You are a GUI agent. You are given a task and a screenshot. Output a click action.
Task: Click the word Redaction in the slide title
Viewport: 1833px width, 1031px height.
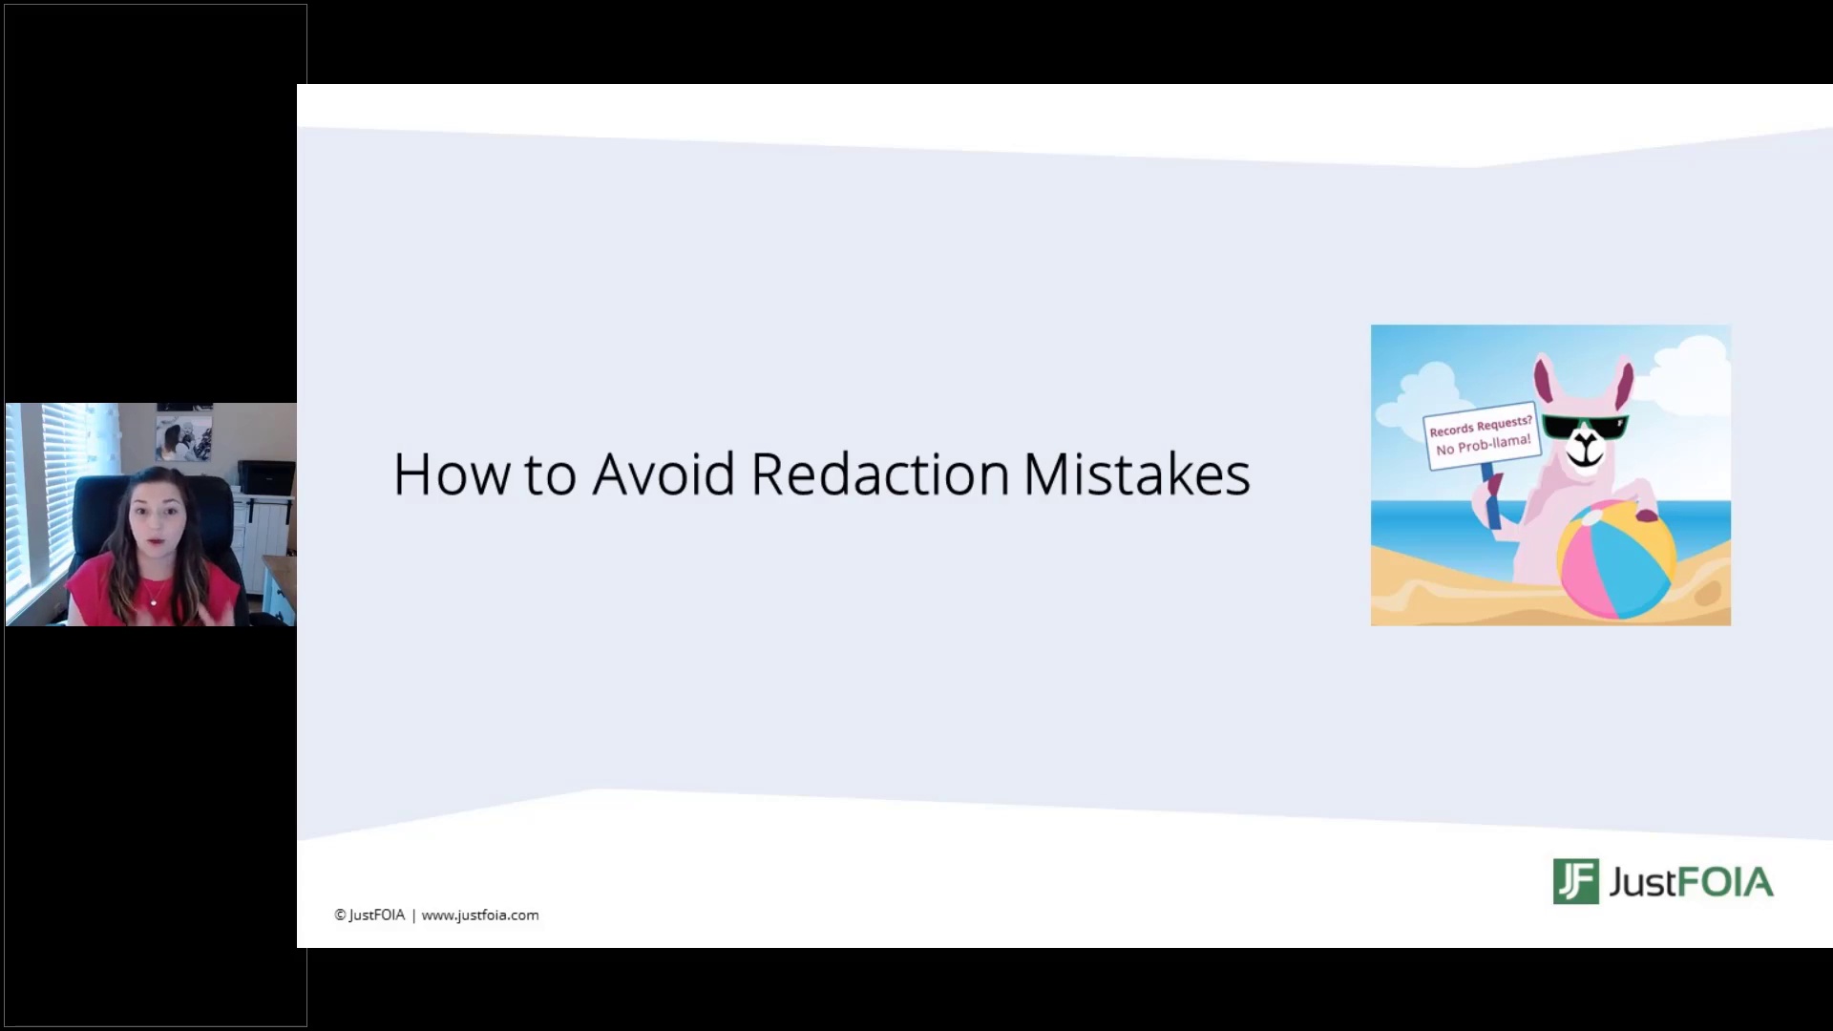(880, 473)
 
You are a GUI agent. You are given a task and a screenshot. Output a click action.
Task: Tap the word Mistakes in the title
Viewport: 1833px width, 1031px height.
(1136, 473)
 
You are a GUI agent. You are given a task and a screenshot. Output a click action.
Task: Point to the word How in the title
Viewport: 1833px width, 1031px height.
(452, 473)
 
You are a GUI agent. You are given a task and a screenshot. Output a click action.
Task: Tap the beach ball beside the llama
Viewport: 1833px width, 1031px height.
(1616, 559)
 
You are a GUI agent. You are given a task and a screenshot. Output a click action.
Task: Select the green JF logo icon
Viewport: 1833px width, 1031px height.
(1575, 881)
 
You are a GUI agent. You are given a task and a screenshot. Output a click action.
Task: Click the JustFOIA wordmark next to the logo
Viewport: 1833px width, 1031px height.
(1691, 882)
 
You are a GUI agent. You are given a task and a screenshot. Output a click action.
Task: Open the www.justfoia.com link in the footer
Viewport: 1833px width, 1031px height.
(480, 915)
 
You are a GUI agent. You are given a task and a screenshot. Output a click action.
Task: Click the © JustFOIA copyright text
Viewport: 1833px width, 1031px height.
(369, 915)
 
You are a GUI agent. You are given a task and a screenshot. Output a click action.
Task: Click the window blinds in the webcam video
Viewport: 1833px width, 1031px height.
(38, 496)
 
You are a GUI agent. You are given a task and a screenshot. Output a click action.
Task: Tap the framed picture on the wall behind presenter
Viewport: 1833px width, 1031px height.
(184, 432)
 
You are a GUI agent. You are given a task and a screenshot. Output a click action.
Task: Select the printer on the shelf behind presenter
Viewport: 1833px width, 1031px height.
(265, 476)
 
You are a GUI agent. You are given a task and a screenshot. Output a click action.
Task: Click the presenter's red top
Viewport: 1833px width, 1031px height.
(153, 592)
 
